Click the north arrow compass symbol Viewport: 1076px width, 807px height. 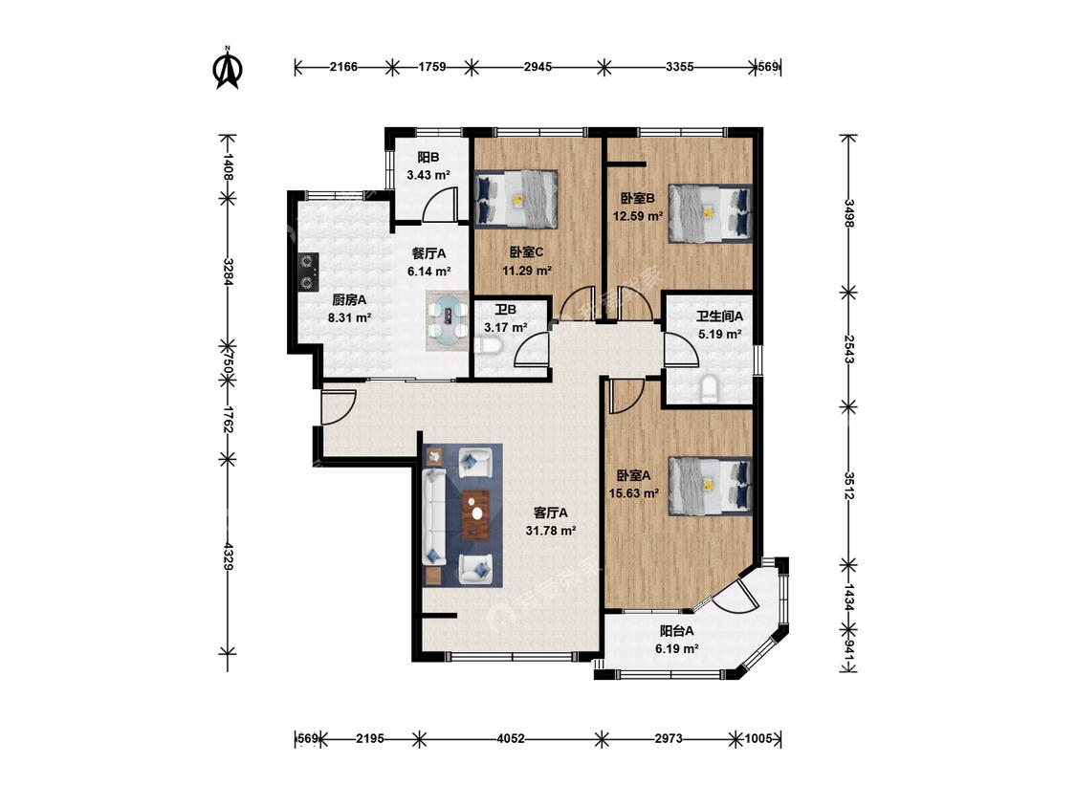[229, 68]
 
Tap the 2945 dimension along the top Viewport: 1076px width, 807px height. [538, 67]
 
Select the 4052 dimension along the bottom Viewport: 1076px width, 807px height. [511, 739]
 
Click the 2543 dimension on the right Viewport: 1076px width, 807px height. [849, 349]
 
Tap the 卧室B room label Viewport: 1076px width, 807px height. [638, 199]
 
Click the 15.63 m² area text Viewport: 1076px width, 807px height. [634, 492]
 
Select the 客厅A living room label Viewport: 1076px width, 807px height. [551, 513]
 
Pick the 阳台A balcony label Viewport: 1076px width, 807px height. [676, 631]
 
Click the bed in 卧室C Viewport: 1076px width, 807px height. [516, 198]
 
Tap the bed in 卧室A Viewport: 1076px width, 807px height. [711, 486]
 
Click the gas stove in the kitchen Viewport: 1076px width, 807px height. [308, 271]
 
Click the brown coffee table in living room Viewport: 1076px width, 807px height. [475, 514]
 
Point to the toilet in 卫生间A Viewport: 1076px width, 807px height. [708, 389]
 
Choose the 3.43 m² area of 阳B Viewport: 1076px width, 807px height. [428, 175]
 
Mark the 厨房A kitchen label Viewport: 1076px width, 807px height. [349, 300]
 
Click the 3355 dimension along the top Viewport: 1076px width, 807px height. [679, 67]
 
